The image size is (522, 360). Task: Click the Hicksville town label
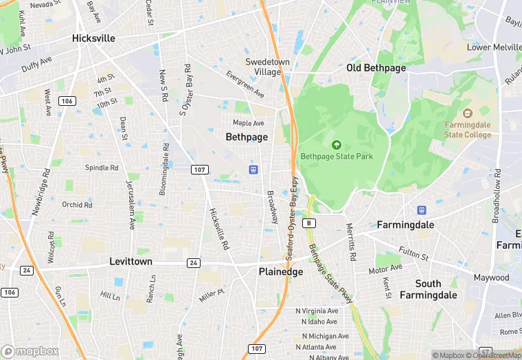93,38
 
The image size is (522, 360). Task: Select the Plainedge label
280,271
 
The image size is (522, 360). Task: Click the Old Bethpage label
376,68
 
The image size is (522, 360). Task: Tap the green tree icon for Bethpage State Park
337,145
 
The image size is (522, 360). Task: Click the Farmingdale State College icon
468,113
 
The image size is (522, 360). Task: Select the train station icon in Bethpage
253,169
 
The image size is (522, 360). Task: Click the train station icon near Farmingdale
422,210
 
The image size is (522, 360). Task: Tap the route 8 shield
310,223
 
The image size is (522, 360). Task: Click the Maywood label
491,278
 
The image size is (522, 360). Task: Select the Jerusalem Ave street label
132,204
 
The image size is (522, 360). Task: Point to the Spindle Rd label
102,168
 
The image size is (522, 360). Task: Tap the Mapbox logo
30,351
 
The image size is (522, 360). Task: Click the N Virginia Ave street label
317,311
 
